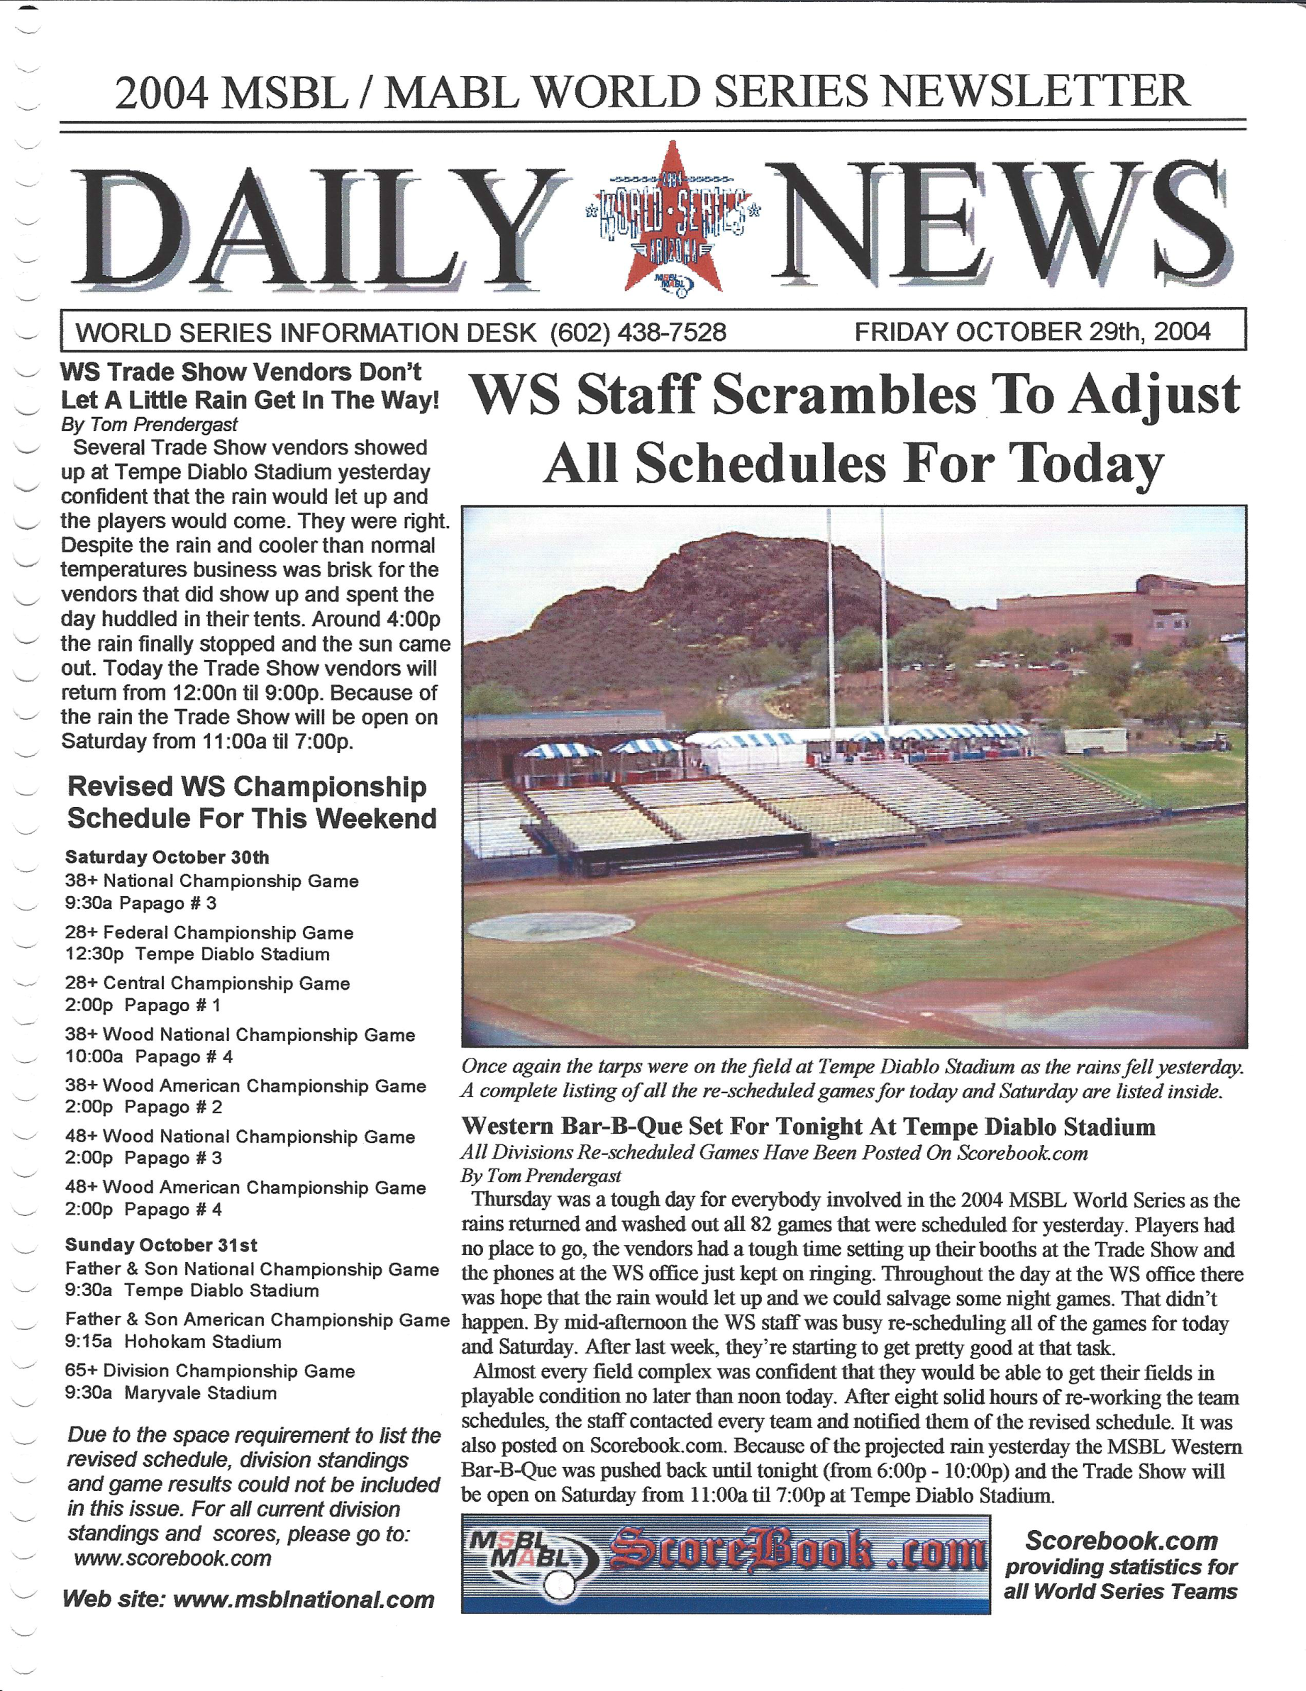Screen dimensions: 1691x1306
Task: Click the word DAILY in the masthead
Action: click(310, 227)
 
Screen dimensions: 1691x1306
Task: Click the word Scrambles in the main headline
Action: click(843, 395)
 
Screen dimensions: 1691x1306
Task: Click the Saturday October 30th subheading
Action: click(167, 857)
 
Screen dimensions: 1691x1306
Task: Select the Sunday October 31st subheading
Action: click(161, 1245)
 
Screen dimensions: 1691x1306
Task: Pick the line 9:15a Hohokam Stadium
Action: click(173, 1341)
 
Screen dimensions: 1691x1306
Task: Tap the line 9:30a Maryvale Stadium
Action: click(170, 1393)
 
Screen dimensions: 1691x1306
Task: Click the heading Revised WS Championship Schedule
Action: click(251, 802)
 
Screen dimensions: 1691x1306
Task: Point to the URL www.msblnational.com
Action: click(303, 1600)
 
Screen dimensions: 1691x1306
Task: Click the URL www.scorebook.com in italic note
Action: click(173, 1558)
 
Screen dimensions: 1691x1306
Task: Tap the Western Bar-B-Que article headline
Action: click(808, 1126)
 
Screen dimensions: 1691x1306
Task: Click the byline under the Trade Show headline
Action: click(149, 424)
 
